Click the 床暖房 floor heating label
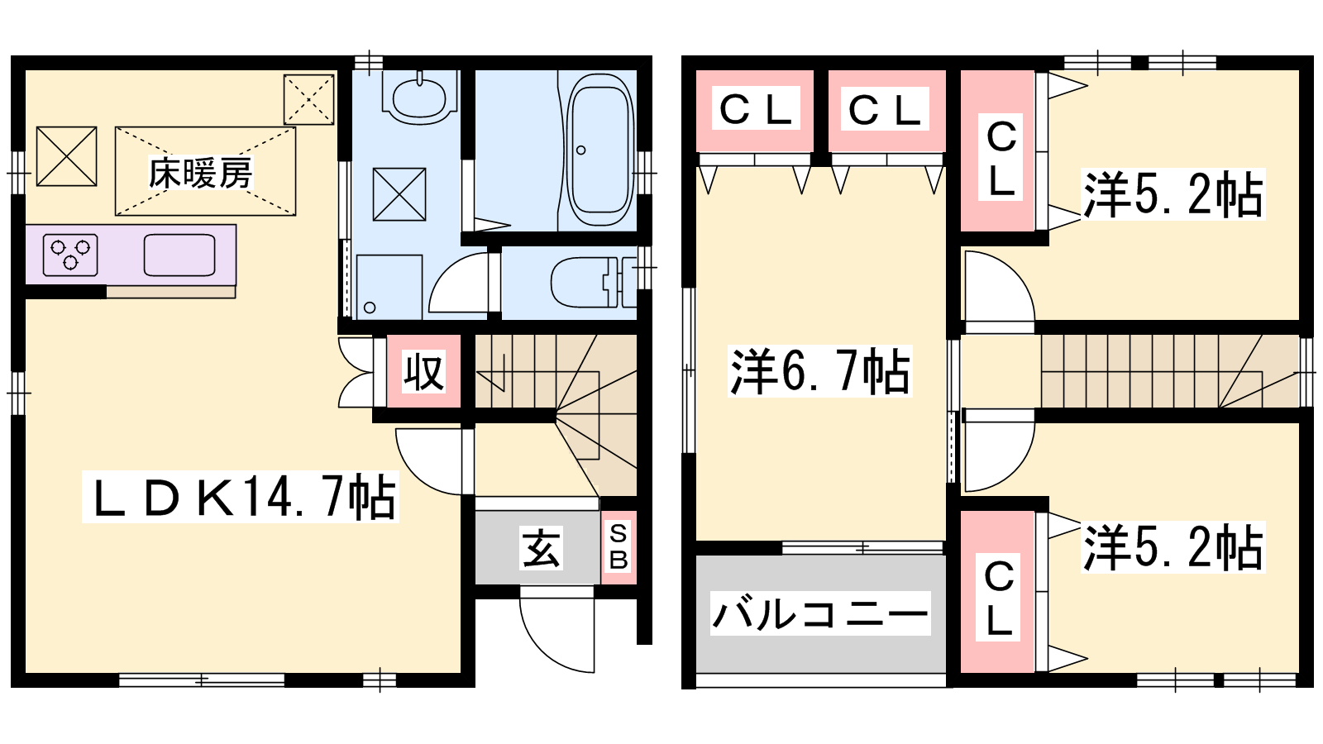point(200,173)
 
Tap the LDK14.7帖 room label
point(241,497)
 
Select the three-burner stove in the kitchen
point(70,255)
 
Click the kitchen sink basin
point(179,255)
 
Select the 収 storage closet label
point(423,372)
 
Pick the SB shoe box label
point(619,547)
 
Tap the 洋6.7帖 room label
point(819,371)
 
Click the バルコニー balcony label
point(820,613)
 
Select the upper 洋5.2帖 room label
point(1173,193)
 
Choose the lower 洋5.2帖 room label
point(1173,546)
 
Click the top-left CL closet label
point(756,108)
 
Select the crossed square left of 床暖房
point(67,156)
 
